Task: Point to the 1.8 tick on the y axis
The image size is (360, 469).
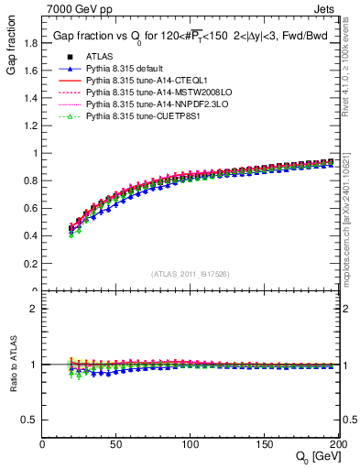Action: [x=30, y=42]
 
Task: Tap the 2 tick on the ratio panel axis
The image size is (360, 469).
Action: [x=35, y=309]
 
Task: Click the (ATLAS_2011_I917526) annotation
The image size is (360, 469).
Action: [x=191, y=274]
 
